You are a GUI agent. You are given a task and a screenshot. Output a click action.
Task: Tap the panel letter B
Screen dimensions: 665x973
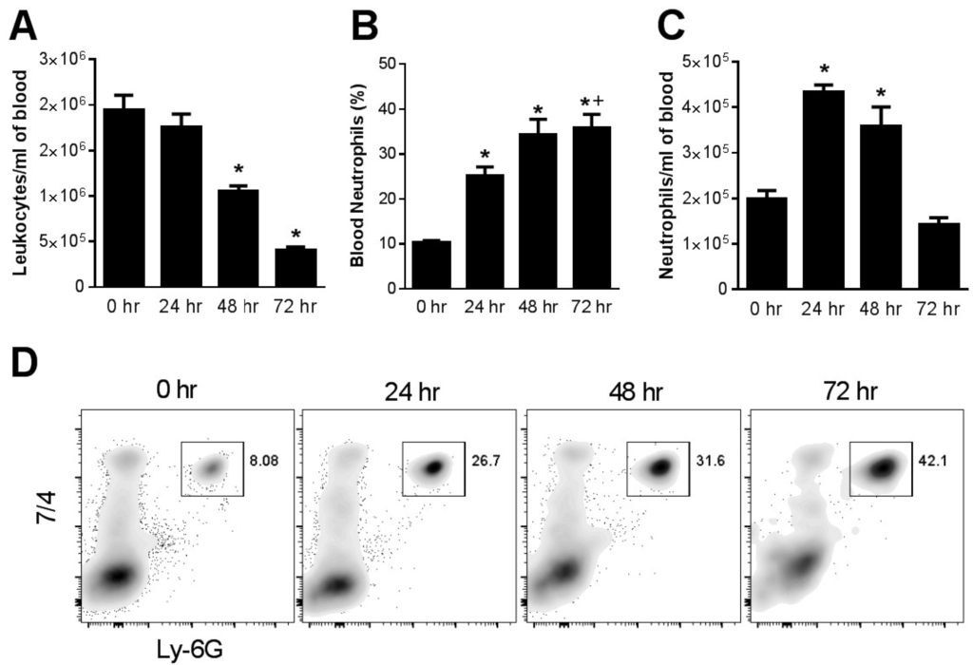[364, 27]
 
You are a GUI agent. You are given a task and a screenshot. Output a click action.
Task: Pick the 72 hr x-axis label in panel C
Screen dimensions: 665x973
[939, 309]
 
